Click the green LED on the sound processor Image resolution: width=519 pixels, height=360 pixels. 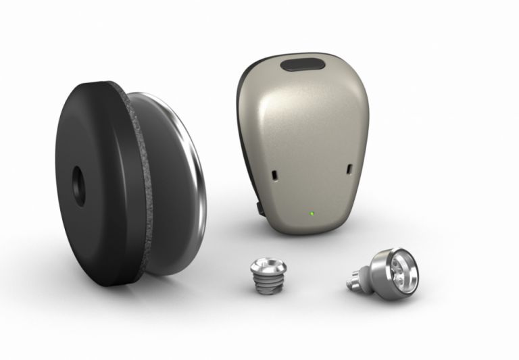point(310,215)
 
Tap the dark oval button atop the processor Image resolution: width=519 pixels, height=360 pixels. point(303,66)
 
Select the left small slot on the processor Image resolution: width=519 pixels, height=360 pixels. point(274,175)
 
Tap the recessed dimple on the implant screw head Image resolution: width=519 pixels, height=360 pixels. point(262,260)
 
